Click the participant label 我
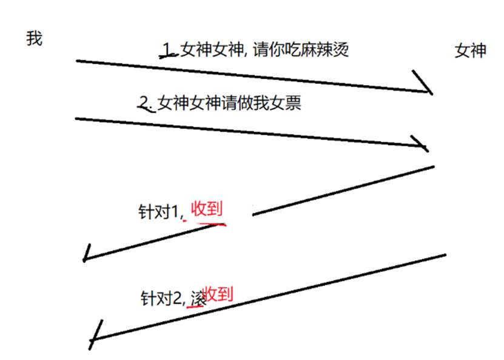[35, 38]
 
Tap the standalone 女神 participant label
[470, 51]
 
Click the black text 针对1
[159, 212]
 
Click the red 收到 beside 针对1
[207, 209]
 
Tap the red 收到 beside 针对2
[218, 294]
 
